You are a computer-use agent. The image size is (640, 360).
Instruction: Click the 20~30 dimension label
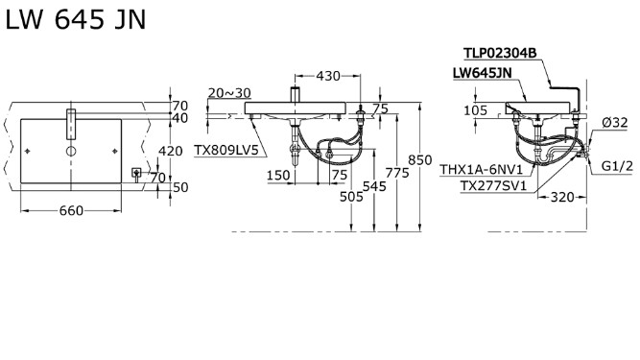(228, 93)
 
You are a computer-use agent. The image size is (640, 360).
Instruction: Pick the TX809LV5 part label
(226, 150)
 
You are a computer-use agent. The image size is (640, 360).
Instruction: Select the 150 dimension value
(278, 175)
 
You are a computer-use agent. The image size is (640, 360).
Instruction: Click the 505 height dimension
(352, 198)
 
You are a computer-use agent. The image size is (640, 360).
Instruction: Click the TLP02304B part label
(499, 55)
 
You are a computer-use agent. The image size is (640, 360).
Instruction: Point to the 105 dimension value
(476, 110)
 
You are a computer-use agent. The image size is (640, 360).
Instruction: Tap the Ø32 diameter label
(614, 122)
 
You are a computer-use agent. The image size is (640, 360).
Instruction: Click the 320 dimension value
(562, 199)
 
